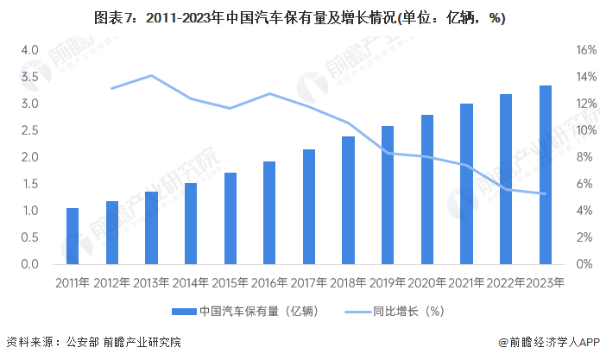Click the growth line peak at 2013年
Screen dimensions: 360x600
(151, 76)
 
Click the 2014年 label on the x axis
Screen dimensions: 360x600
(191, 281)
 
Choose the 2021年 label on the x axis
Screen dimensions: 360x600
(466, 281)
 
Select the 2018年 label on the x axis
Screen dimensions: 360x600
(348, 281)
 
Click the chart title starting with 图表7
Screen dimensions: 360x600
(300, 18)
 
